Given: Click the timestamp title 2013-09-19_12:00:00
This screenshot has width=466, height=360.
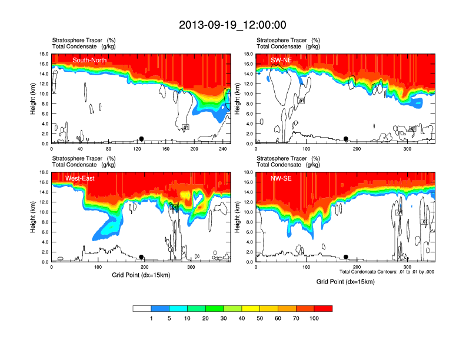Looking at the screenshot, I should (x=232, y=25).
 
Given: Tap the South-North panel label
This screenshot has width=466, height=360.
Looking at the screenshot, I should (x=89, y=60).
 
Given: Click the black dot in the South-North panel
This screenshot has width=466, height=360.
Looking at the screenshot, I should (x=141, y=139).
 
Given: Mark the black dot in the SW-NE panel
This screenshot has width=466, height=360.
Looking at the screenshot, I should (x=346, y=139).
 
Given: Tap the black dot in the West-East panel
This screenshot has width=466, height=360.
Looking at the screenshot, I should (x=141, y=257).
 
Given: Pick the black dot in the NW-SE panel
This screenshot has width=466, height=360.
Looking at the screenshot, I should (x=346, y=257).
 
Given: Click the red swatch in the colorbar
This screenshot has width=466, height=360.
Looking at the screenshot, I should (x=323, y=308).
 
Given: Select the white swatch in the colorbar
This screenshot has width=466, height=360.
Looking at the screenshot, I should (x=142, y=308).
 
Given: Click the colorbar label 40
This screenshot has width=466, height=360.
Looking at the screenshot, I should (x=242, y=318).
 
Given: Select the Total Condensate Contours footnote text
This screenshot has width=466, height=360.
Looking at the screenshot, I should (x=387, y=272).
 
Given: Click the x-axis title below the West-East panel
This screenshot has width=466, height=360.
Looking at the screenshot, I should (x=141, y=275).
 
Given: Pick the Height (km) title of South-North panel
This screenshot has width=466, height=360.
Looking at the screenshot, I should (x=34, y=99).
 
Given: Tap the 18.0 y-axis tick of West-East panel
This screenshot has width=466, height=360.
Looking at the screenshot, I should (x=43, y=172).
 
